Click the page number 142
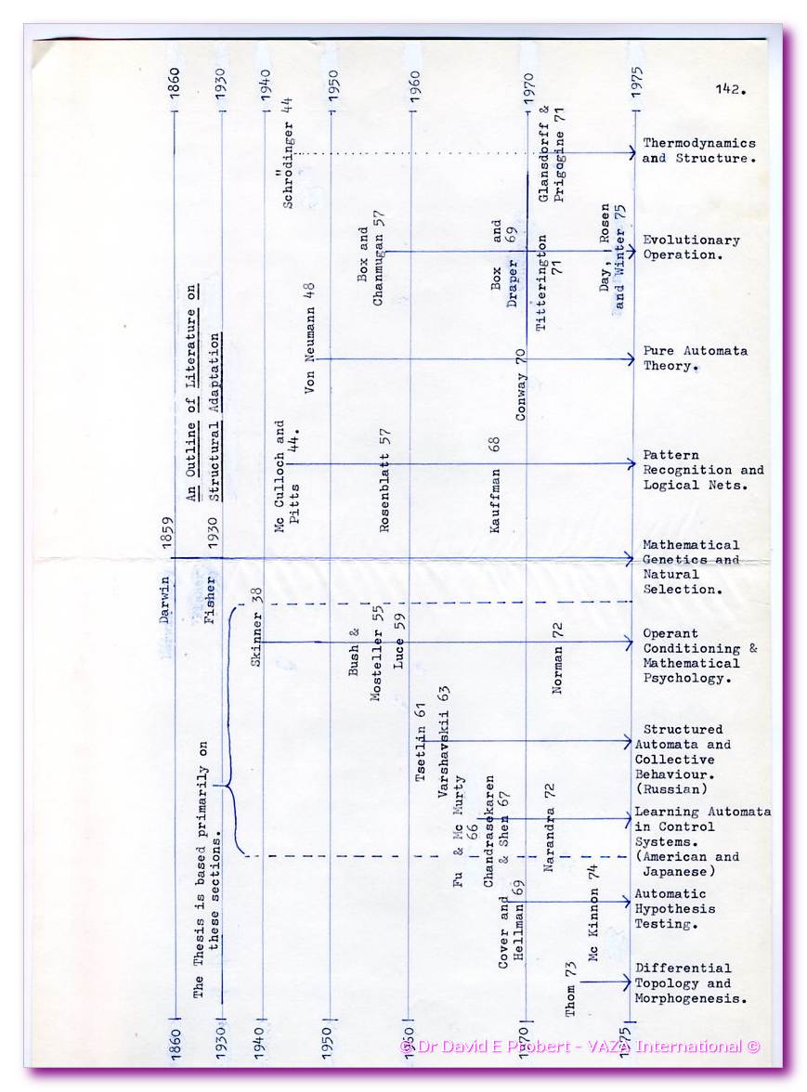coord(732,90)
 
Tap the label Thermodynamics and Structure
coord(698,150)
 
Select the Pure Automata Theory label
coord(695,358)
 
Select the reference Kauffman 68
coord(495,484)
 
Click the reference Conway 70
coord(521,383)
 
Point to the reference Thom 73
coord(571,986)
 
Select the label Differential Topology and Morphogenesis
coord(691,983)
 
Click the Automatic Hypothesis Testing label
coord(674,909)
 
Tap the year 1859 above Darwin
coord(168,535)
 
